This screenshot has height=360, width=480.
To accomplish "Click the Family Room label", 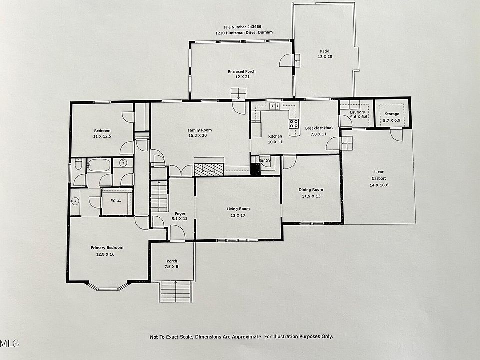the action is (x=200, y=130).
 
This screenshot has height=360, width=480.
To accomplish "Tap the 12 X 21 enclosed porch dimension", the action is (x=242, y=77).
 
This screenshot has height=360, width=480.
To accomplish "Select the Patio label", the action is (x=325, y=51).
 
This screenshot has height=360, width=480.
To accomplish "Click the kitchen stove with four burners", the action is (x=294, y=123).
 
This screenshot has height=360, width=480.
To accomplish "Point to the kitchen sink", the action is (x=274, y=106).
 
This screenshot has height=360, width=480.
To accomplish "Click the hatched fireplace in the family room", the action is (x=209, y=169).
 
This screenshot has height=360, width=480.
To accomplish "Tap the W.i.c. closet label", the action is (x=116, y=201).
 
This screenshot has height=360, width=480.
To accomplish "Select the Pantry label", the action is (x=265, y=160).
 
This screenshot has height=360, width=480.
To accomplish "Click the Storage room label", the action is (x=392, y=114).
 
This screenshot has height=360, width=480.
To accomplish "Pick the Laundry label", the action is (x=357, y=112).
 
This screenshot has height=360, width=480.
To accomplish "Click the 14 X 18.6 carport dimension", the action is (x=379, y=185).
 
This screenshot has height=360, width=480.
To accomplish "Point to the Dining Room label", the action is (x=311, y=190).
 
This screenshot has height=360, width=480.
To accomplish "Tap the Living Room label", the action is (x=238, y=209).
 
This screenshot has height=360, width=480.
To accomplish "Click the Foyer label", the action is (x=180, y=214).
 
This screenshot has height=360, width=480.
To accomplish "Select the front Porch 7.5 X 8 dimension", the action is (x=171, y=267).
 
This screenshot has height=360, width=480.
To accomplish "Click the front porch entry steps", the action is (x=176, y=291).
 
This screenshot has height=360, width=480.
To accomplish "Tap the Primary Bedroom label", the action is (x=107, y=248).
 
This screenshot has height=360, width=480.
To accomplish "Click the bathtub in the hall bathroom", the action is (x=99, y=165).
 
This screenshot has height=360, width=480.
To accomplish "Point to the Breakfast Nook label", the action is (x=319, y=128).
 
